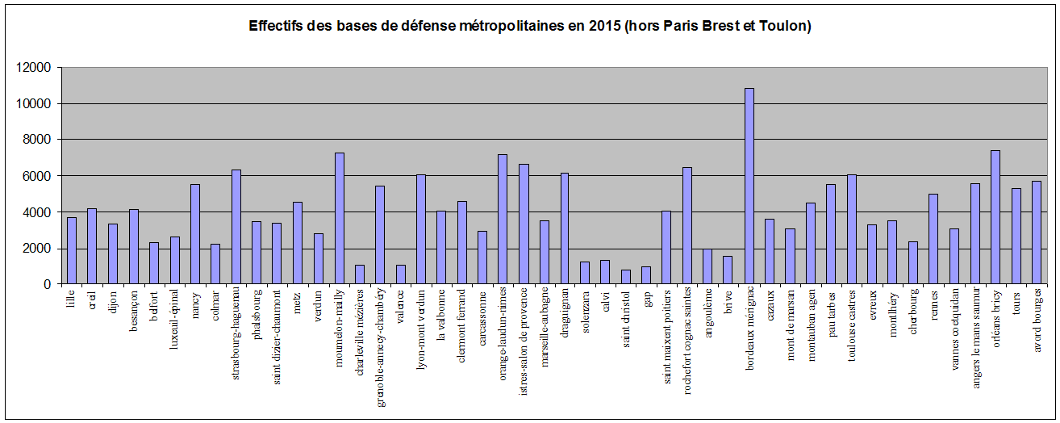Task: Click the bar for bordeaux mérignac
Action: [749, 186]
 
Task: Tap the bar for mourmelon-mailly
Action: [340, 219]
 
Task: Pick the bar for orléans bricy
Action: [995, 217]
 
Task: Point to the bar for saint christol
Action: [626, 277]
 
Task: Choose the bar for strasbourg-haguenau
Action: [236, 227]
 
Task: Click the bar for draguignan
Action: [565, 228]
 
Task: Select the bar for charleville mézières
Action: [360, 274]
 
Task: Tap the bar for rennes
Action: [934, 239]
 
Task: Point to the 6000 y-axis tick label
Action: [40, 176]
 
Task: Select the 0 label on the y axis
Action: [49, 284]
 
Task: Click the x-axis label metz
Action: [298, 304]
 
